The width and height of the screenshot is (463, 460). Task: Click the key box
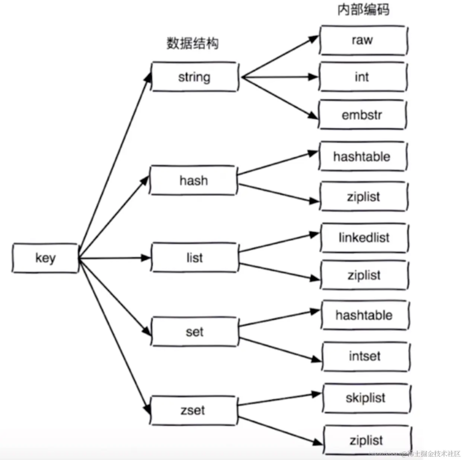45,258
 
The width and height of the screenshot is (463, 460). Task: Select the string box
194,77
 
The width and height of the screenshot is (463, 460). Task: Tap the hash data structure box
194,181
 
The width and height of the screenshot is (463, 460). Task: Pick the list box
195,258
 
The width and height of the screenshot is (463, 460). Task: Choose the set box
194,332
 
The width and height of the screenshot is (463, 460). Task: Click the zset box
193,410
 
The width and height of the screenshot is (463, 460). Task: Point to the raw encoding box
363,40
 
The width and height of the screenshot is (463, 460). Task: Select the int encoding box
362,77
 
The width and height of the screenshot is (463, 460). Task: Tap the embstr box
362,115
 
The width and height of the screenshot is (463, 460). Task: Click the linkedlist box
364,237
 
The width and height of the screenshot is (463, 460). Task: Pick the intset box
365,356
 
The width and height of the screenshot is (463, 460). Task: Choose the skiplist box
366,398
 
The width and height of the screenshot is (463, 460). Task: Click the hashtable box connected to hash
362,156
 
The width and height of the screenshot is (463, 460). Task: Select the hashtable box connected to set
364,315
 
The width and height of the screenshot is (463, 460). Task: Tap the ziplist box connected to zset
367,440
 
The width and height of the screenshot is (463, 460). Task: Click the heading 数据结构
192,44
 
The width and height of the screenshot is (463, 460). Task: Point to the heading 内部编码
363,10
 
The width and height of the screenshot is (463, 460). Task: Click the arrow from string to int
279,77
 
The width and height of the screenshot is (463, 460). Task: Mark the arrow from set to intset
279,349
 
